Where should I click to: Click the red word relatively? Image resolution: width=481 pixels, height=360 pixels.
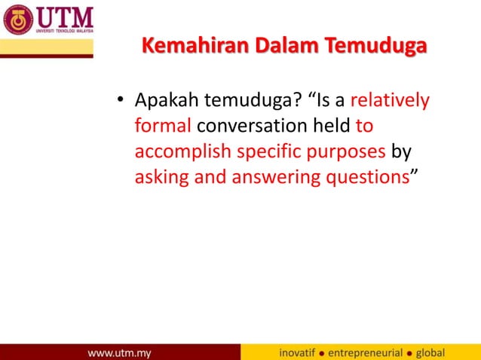click(390, 101)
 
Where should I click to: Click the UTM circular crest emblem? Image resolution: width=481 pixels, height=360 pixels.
click(18, 20)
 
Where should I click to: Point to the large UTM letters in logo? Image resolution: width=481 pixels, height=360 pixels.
click(64, 15)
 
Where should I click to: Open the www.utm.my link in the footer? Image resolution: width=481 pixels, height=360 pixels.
click(120, 352)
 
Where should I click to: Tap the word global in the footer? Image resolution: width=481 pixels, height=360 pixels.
click(431, 352)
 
